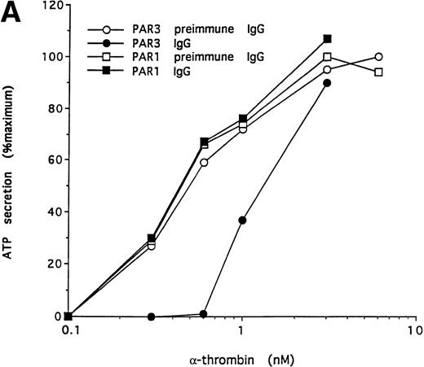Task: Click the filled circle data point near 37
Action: point(242,221)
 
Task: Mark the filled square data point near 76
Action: point(242,119)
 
